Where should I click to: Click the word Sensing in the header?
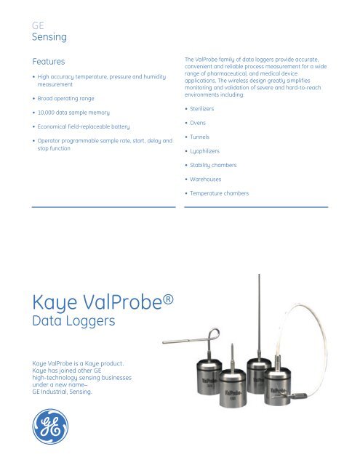(x=50, y=34)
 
